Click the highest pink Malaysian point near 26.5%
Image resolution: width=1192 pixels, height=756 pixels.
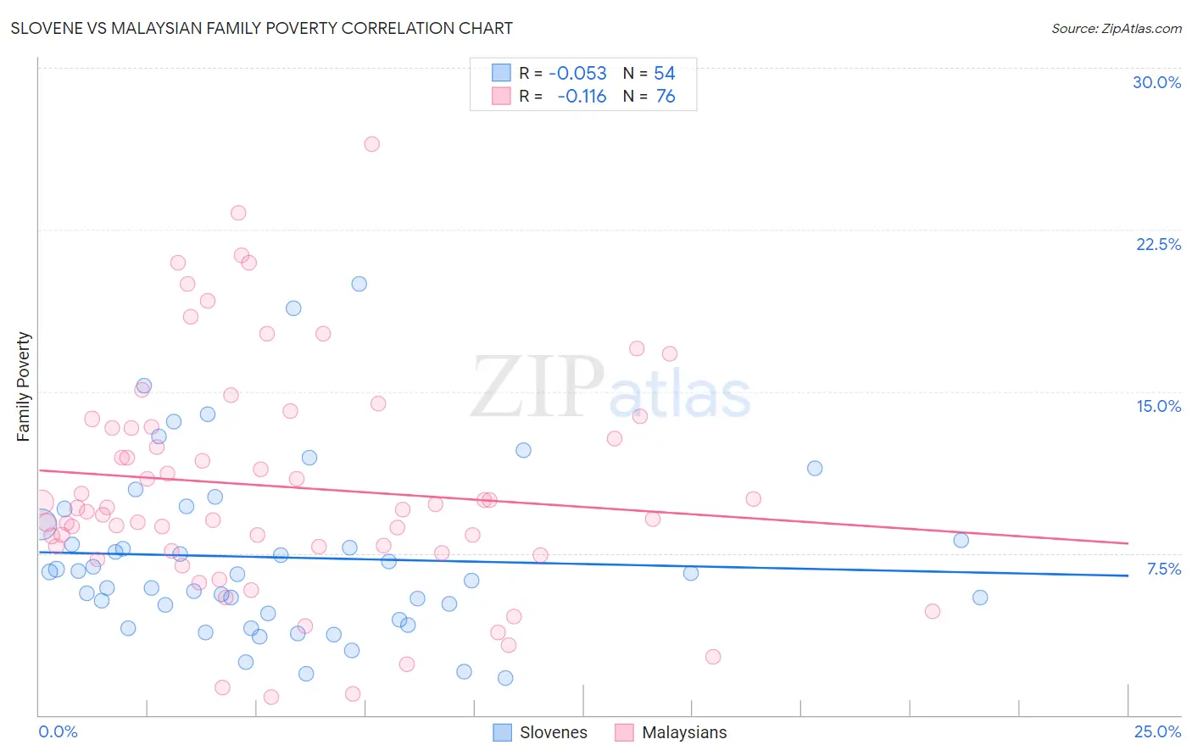pos(371,144)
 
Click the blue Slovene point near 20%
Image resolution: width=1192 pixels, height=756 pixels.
pos(359,284)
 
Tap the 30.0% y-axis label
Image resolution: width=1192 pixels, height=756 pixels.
pos(1156,82)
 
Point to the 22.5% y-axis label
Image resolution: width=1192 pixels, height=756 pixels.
pos(1158,244)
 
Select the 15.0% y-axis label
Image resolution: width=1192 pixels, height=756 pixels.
pos(1158,406)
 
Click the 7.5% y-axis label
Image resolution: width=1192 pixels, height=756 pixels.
pos(1163,569)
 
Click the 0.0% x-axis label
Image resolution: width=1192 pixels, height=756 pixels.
pos(58,731)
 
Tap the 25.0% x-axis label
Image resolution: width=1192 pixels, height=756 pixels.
pos(1157,731)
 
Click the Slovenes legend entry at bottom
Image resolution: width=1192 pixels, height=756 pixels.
pos(553,732)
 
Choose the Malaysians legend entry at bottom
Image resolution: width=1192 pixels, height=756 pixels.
pos(683,732)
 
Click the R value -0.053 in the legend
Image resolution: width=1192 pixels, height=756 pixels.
pos(577,74)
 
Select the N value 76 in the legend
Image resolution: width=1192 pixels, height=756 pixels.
pos(666,97)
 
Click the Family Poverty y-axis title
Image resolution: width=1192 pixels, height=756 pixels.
pos(24,386)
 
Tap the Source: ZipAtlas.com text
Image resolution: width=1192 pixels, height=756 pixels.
pos(1116,28)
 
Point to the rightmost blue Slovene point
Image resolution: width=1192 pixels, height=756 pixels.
pos(980,598)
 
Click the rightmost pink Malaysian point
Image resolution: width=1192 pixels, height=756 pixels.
pos(933,611)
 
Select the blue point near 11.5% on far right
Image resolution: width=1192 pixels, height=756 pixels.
pos(815,468)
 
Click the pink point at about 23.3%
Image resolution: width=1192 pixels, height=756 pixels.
pos(238,213)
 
